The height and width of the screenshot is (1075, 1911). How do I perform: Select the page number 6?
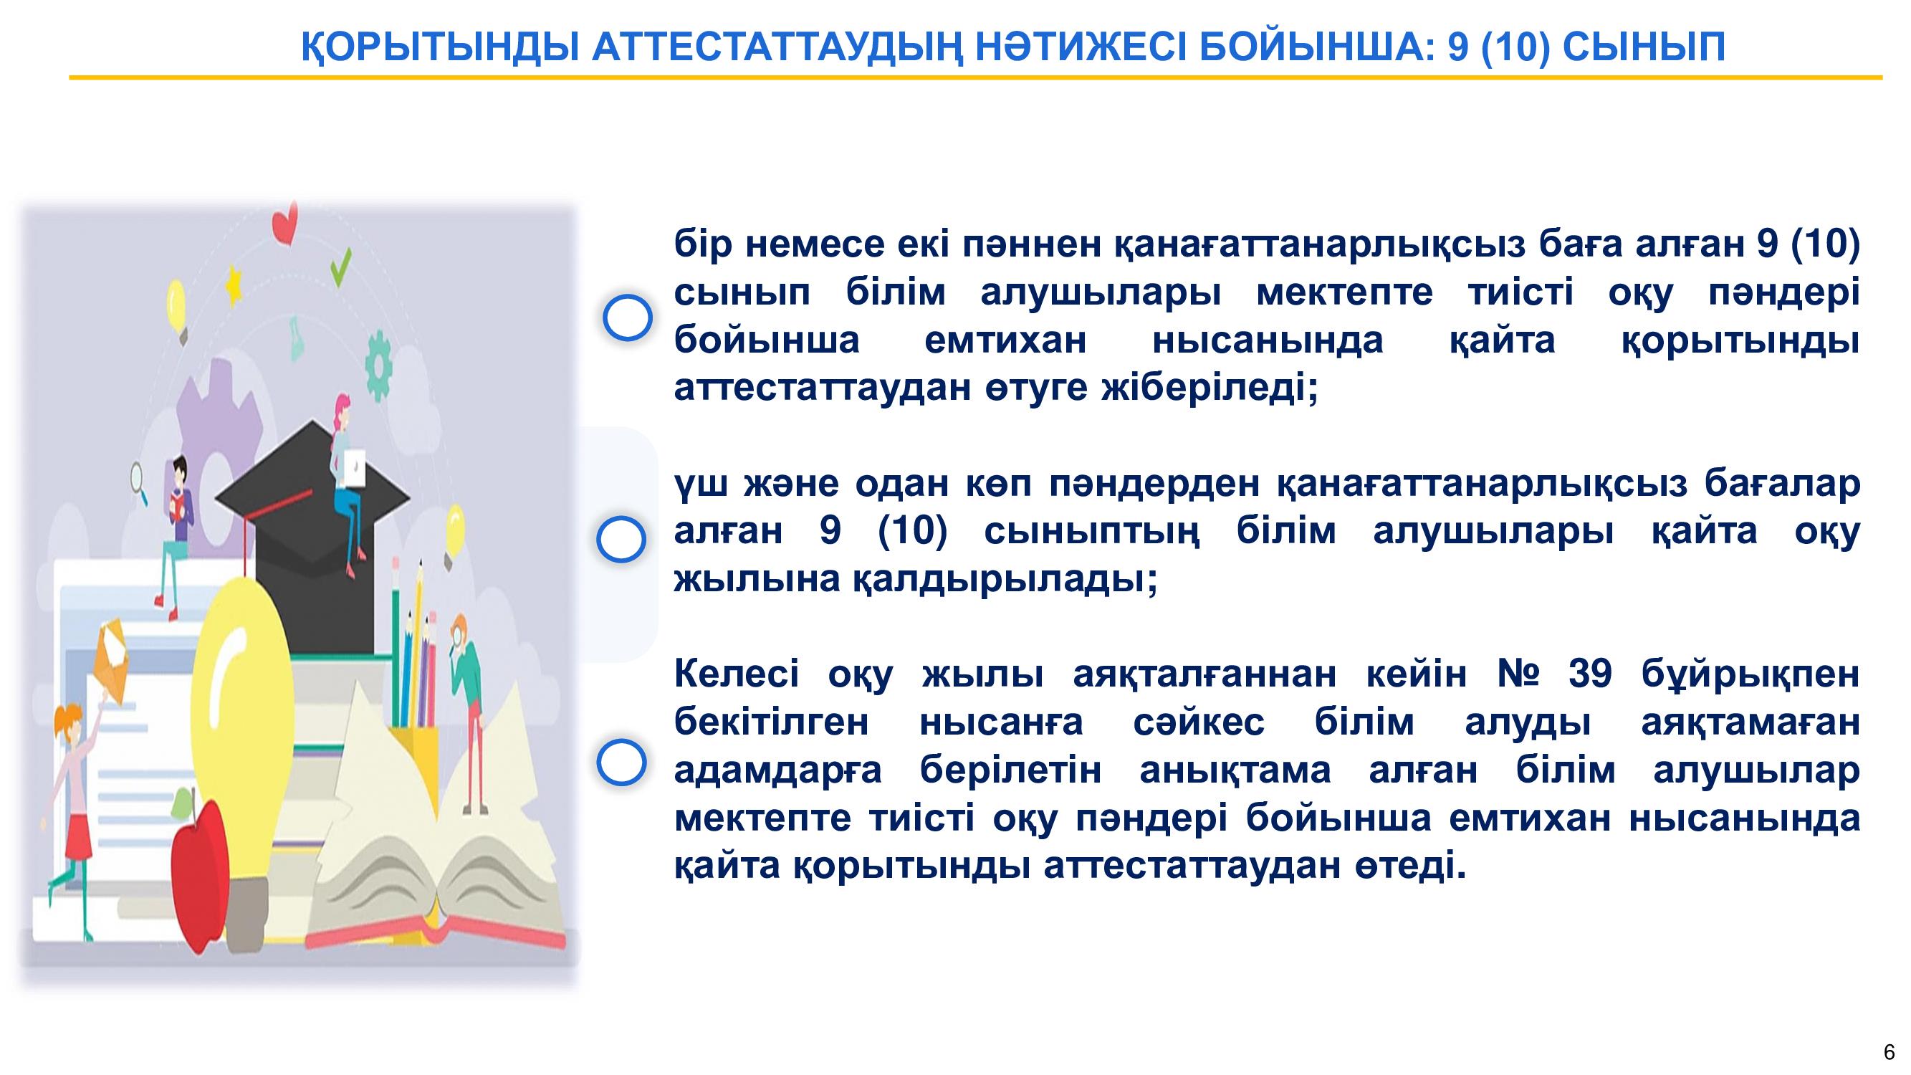[x=1890, y=1052]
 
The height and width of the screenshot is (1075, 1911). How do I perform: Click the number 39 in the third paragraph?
[x=1590, y=674]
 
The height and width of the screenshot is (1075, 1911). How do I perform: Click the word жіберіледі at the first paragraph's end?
[x=1210, y=388]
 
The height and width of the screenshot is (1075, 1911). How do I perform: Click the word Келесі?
[x=737, y=674]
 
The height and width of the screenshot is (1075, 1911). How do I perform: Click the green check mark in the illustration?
[x=340, y=267]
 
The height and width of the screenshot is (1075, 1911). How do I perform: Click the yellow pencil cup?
[x=415, y=764]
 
